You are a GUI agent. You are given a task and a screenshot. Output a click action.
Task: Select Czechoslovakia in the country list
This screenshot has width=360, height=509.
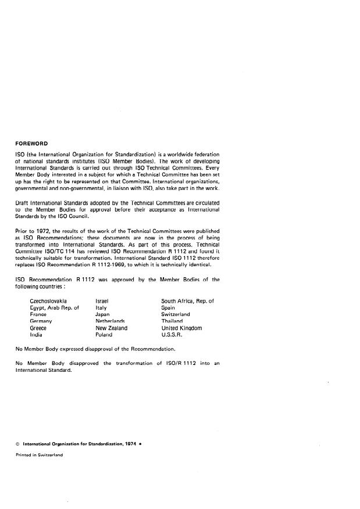48,301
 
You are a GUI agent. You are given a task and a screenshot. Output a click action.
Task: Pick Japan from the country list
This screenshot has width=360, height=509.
104,314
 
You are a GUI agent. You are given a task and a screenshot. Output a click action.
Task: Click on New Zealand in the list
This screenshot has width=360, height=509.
111,328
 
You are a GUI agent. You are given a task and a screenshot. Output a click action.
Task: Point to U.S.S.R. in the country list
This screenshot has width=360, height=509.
173,335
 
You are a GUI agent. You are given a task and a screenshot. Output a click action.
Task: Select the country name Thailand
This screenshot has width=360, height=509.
172,321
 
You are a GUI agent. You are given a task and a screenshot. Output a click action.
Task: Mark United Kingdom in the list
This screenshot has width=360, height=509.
181,328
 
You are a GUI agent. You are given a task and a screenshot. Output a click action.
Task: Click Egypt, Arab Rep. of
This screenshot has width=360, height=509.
54,308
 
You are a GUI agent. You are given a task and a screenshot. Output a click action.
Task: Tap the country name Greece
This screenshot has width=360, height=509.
38,328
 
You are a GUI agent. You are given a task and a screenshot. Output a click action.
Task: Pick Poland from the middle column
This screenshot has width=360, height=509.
104,335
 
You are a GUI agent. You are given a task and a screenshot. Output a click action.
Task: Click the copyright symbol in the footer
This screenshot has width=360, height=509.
17,444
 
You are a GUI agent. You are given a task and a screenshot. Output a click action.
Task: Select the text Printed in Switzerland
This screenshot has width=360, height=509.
39,455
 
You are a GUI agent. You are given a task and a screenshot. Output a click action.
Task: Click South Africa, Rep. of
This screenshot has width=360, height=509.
188,301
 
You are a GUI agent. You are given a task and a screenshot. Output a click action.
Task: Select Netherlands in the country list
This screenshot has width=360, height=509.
111,321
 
